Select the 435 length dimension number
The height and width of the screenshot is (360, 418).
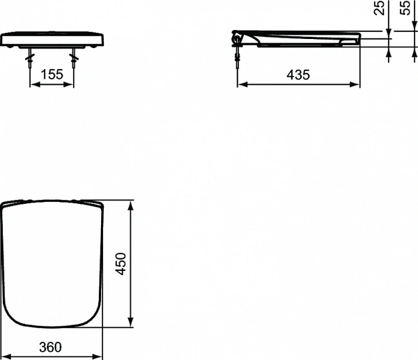coord(298,75)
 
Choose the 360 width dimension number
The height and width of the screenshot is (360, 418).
coord(51,346)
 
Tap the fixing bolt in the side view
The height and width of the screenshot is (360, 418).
coord(239,58)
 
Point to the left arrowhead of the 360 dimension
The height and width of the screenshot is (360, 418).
coord(4,355)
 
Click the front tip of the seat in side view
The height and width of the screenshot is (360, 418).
coord(358,38)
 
